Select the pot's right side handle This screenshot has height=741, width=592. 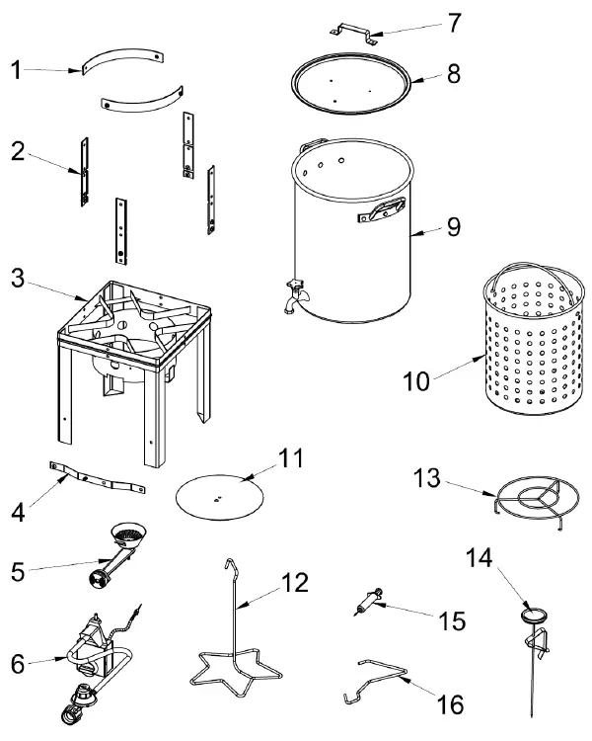click(389, 206)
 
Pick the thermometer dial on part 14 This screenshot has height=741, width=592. click(534, 615)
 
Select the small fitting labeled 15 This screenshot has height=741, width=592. click(367, 600)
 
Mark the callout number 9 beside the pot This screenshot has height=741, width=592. click(453, 226)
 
